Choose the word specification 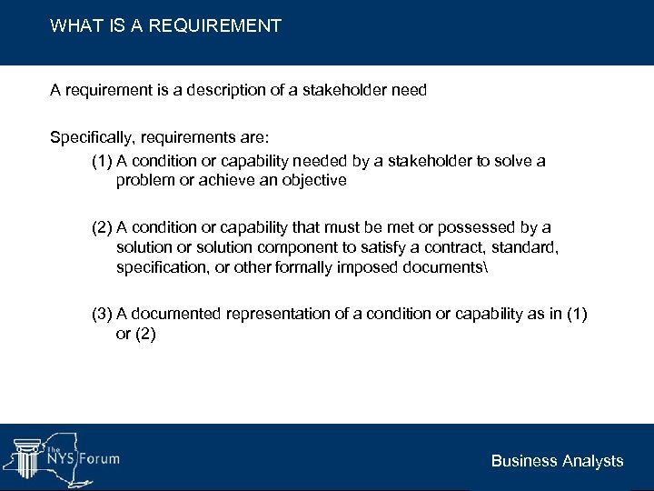pos(162,267)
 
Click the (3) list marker pos(102,314)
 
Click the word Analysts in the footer pos(591,461)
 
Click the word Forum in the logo pos(97,458)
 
